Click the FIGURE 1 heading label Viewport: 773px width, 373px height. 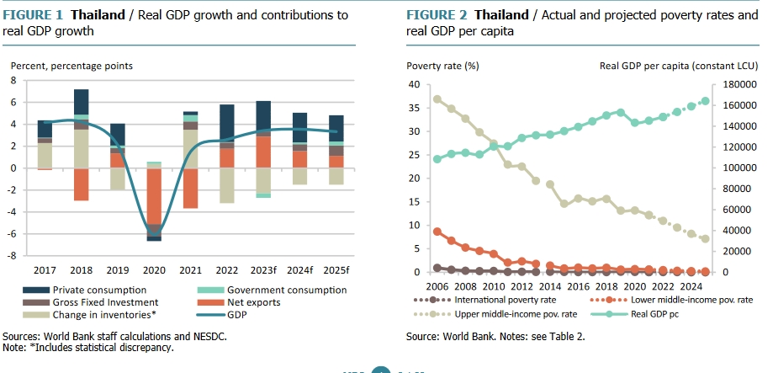tap(38, 15)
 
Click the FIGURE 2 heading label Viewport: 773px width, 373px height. tap(436, 15)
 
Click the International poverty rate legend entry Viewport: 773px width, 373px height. tap(510, 299)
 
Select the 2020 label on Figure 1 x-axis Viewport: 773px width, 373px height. tap(153, 270)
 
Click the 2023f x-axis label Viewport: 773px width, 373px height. tap(264, 270)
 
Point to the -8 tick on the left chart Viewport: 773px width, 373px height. tap(13, 256)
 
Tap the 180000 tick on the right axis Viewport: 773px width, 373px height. tap(730, 84)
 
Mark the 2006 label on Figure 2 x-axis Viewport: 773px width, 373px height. tap(437, 287)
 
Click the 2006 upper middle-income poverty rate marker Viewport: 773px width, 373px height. tap(437, 99)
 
